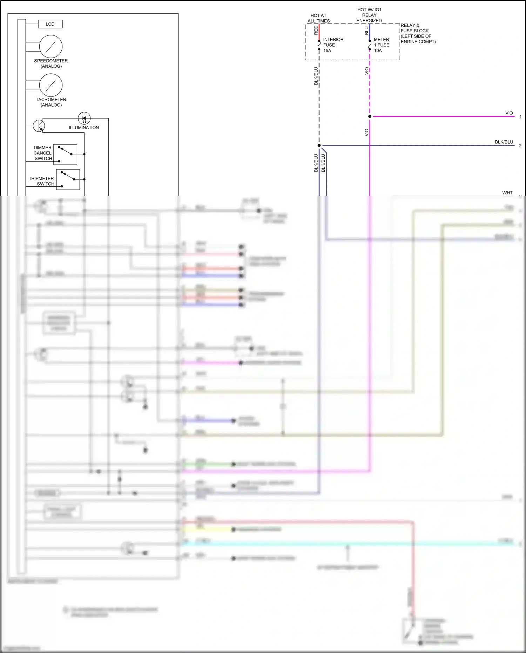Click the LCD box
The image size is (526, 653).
pyautogui.click(x=50, y=24)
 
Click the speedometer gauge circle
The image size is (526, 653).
pyautogui.click(x=51, y=46)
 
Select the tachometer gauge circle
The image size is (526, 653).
pyautogui.click(x=51, y=85)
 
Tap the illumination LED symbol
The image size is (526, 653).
pyautogui.click(x=84, y=119)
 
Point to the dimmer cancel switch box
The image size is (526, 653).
pyautogui.click(x=65, y=154)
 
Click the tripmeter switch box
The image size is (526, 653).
pyautogui.click(x=68, y=180)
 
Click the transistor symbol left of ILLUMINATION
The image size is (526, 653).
pyautogui.click(x=39, y=126)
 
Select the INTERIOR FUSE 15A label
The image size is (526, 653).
pyautogui.click(x=333, y=45)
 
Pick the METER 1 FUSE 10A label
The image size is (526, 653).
pyautogui.click(x=381, y=45)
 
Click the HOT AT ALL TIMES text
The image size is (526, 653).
pyautogui.click(x=318, y=18)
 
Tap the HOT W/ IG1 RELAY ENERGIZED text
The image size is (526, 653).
pyautogui.click(x=369, y=15)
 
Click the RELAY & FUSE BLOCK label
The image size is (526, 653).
pyautogui.click(x=418, y=33)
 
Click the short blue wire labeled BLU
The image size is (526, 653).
pyautogui.click(x=370, y=32)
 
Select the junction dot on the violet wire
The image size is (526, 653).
pyautogui.click(x=370, y=116)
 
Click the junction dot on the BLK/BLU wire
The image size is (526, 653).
pyautogui.click(x=319, y=145)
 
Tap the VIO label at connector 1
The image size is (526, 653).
pyautogui.click(x=509, y=113)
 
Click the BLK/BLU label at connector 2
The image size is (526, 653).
pyautogui.click(x=504, y=142)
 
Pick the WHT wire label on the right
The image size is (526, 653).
pyautogui.click(x=507, y=193)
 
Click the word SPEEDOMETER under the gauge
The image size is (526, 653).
pyautogui.click(x=51, y=61)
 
